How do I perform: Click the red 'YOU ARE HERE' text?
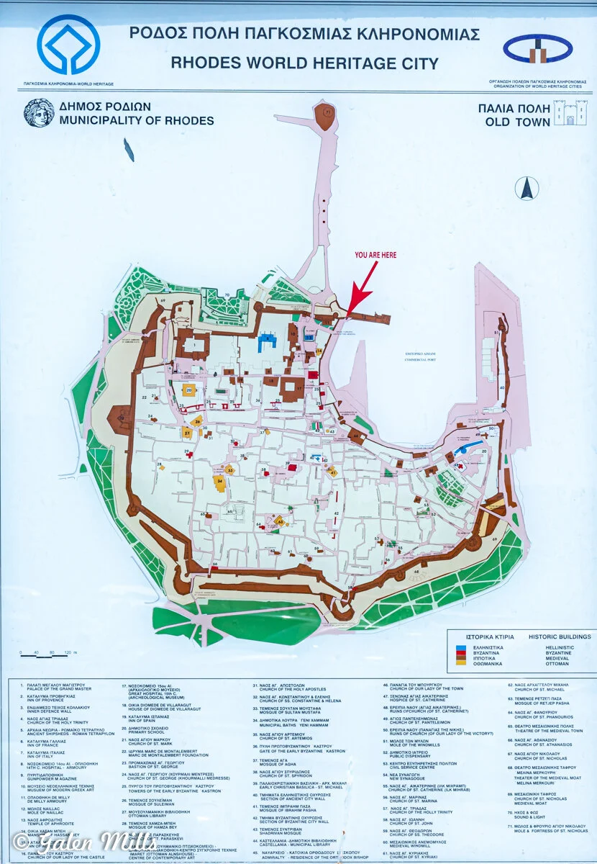tap(375, 255)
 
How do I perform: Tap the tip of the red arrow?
tap(349, 314)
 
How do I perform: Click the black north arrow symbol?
tap(527, 188)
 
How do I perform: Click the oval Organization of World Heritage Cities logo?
tap(539, 49)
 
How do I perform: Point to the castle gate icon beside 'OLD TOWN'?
tap(570, 113)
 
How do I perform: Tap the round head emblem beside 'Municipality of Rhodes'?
tap(38, 113)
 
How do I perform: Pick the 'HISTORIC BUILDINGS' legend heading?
tap(560, 636)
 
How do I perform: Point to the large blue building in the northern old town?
tap(269, 341)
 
